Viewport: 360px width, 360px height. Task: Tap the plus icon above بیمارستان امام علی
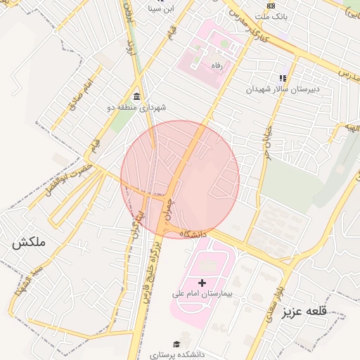coord(202,283)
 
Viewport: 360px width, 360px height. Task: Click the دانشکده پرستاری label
coord(176,356)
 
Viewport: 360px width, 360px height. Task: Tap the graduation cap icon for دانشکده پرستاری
coord(176,345)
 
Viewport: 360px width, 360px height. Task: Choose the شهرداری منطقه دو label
coord(136,108)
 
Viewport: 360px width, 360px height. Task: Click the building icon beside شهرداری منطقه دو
coord(136,96)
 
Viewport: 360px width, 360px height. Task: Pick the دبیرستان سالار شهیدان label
coord(281,89)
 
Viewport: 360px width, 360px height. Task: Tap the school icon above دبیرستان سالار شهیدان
coord(282,78)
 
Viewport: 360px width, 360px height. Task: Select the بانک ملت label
coord(271,15)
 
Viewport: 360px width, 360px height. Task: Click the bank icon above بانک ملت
coord(271,5)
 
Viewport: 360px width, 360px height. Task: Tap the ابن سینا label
coord(160,8)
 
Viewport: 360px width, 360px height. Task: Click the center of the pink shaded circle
coord(180,179)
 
